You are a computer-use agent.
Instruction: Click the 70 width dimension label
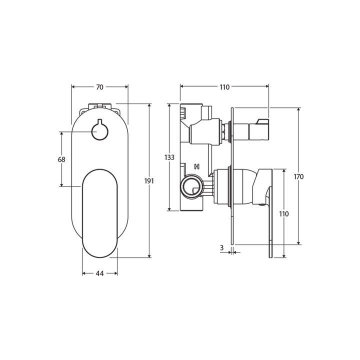(99, 87)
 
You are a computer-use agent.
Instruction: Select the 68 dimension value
(62, 159)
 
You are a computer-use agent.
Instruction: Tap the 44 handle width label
(99, 273)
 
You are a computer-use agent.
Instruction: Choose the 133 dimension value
(169, 157)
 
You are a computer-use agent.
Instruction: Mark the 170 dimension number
(299, 176)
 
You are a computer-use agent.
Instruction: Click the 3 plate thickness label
(221, 247)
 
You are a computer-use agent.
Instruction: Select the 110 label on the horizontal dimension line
(223, 87)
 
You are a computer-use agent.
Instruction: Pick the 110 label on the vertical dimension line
(284, 214)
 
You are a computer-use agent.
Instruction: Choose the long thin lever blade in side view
(271, 225)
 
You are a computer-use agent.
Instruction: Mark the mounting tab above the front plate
(99, 107)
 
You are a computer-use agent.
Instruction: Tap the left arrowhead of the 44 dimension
(83, 273)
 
